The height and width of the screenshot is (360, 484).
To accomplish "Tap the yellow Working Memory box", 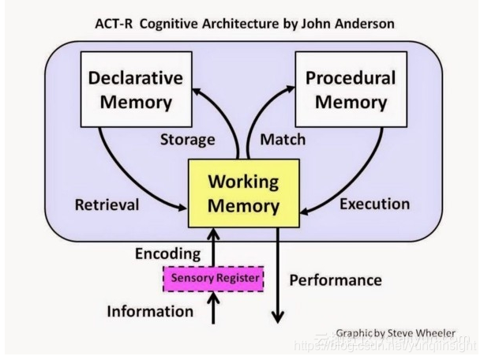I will (x=242, y=193).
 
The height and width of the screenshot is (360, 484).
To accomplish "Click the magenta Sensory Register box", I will (x=213, y=277).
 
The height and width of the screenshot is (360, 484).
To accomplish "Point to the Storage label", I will (x=187, y=140).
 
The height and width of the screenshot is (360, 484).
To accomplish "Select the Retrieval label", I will (x=107, y=205).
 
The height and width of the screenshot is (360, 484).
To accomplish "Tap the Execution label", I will (x=374, y=204).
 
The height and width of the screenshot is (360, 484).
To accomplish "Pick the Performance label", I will (x=336, y=280).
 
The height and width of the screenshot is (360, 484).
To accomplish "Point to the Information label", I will (x=150, y=311).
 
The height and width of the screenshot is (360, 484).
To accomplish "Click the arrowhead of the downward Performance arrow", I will (x=277, y=317).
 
